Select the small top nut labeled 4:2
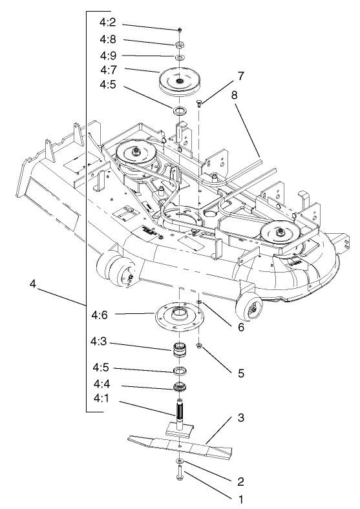(x=180, y=30)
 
